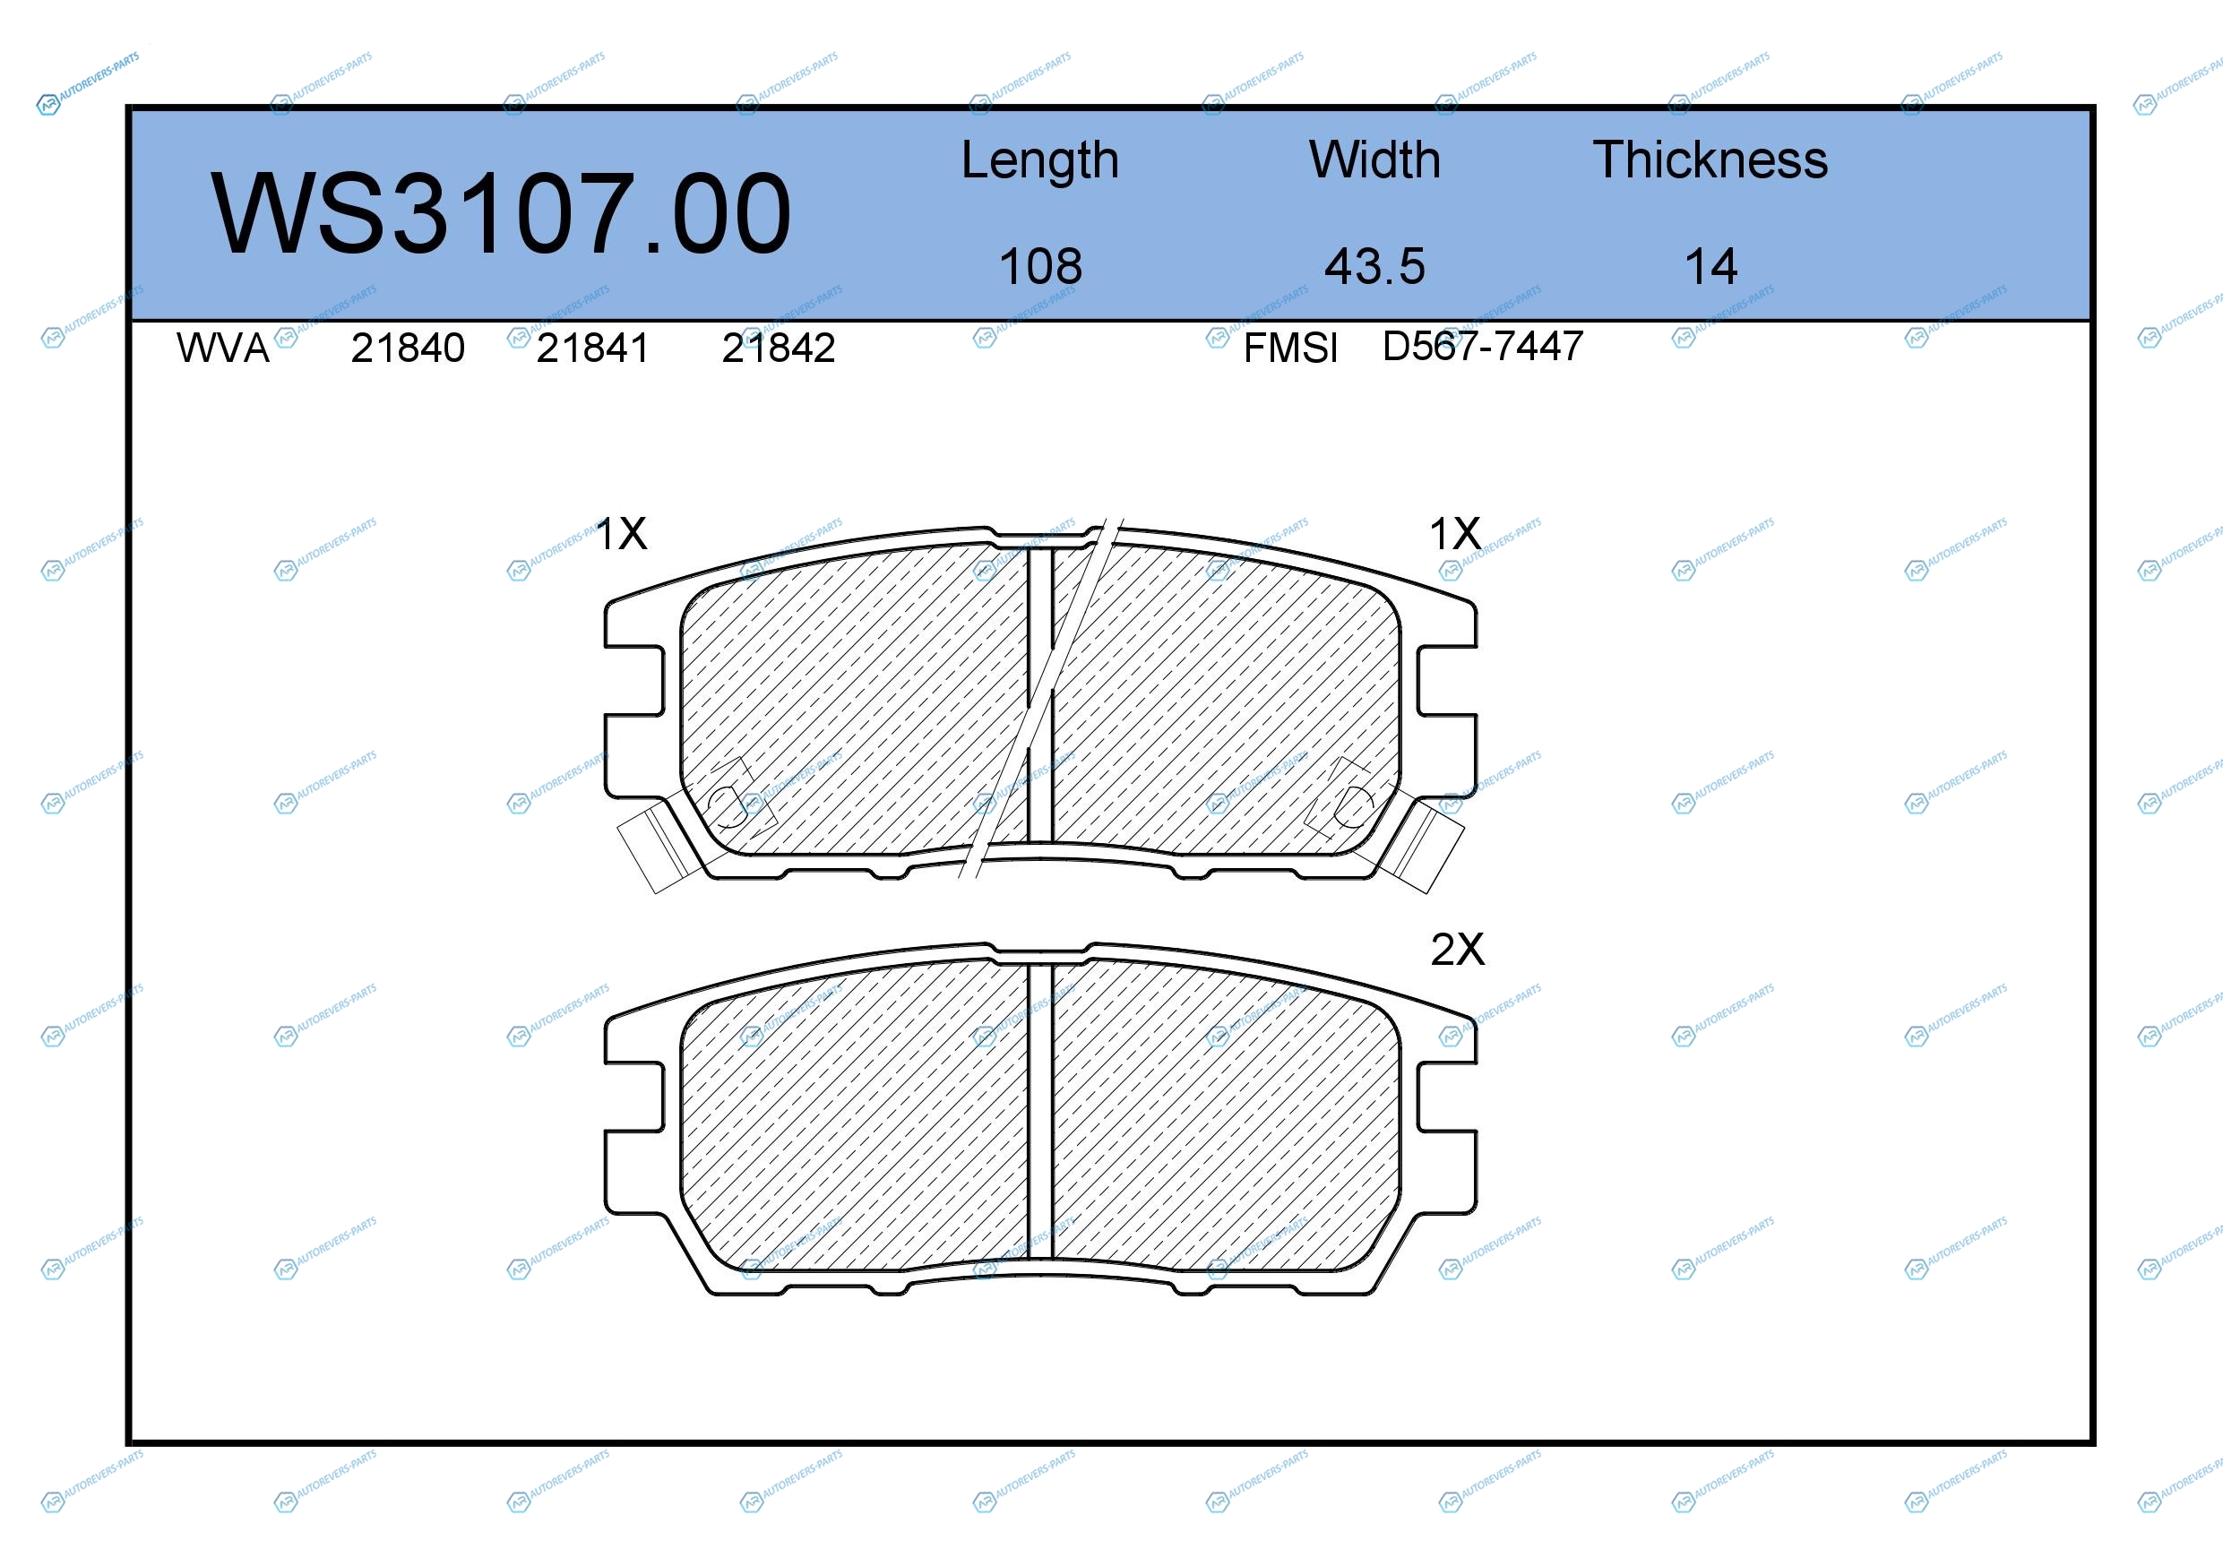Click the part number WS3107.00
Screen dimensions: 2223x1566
pos(501,214)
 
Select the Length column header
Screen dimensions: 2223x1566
pos(1040,160)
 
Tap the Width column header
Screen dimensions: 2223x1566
pos(1374,159)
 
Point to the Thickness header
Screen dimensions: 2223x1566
pos(1710,159)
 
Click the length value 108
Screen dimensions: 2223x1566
pos(1041,266)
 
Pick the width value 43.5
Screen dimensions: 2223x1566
pos(1374,266)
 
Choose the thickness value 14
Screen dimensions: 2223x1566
pos(1710,266)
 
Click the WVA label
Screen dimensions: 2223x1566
pos(223,348)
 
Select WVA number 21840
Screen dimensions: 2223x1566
pos(408,348)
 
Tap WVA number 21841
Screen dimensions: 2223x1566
pos(592,348)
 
